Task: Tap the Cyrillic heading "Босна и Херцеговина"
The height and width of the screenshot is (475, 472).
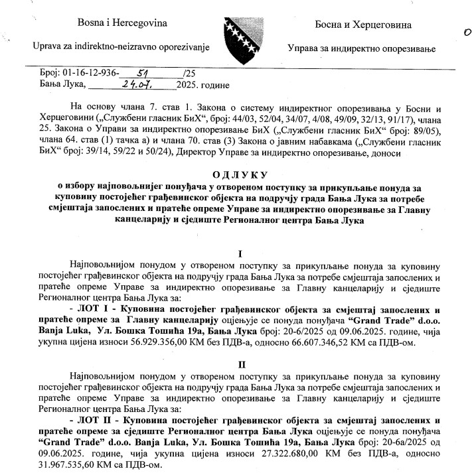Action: tap(362, 25)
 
